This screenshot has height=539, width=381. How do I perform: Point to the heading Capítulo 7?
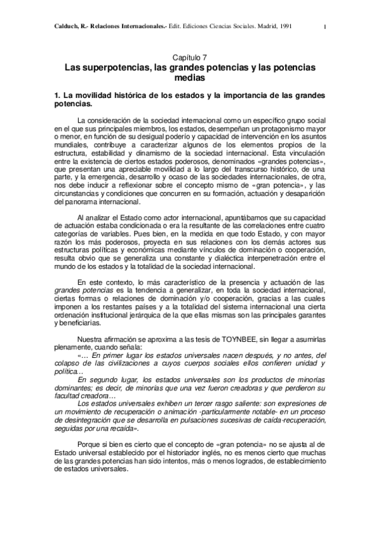190,57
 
